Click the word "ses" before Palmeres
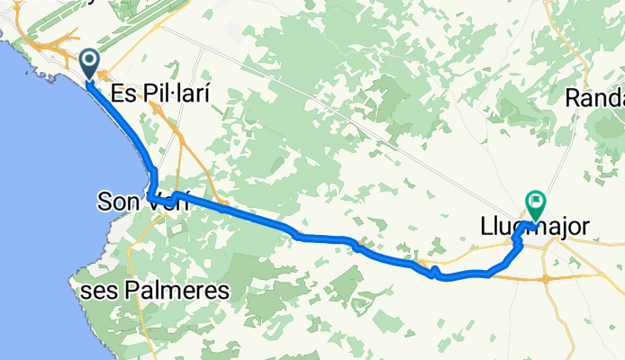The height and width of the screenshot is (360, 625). tap(90, 291)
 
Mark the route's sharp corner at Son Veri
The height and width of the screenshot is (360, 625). tap(149, 197)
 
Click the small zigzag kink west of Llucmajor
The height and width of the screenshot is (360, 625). tap(435, 272)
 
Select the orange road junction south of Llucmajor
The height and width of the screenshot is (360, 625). tap(547, 278)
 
